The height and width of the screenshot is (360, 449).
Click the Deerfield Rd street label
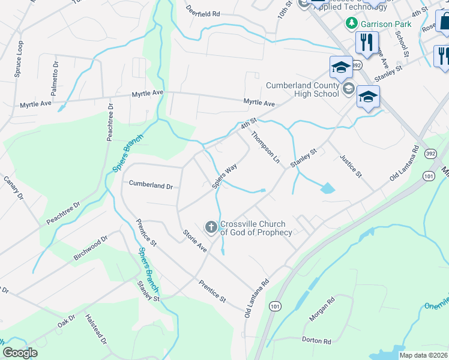203,12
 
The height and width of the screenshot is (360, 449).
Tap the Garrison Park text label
387,24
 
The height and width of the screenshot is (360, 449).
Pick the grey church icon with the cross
211,227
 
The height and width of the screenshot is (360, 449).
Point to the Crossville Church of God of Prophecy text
256,229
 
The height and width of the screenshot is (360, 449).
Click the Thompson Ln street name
266,147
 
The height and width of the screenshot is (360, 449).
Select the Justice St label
352,166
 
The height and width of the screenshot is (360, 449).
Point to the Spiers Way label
224,176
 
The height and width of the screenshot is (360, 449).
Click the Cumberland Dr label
151,186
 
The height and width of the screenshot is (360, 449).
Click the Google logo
20,353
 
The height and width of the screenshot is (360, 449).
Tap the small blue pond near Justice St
327,188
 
